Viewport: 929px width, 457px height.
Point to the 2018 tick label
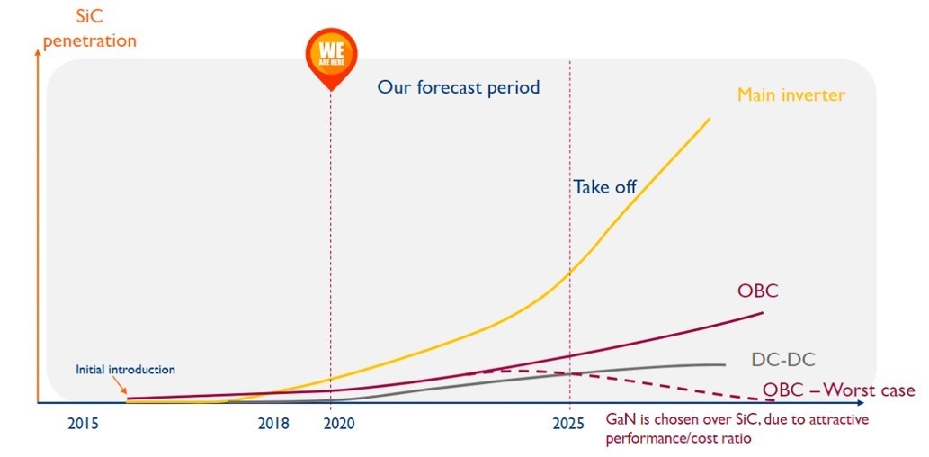[x=274, y=422]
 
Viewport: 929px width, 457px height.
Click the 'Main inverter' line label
[x=791, y=94]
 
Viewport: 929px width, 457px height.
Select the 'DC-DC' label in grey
[x=782, y=360]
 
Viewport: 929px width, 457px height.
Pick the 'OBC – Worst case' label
[x=838, y=390]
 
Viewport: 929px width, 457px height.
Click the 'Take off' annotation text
[x=604, y=187]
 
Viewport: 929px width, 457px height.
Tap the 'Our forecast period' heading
[x=459, y=87]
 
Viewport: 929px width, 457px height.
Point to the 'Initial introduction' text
[x=125, y=369]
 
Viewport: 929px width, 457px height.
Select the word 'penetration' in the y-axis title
[x=90, y=40]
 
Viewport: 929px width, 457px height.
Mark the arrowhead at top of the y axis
[x=37, y=51]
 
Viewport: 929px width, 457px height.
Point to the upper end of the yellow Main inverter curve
[x=710, y=119]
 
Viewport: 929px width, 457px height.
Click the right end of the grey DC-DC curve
[x=724, y=364]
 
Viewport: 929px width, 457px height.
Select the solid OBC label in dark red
[x=757, y=291]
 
